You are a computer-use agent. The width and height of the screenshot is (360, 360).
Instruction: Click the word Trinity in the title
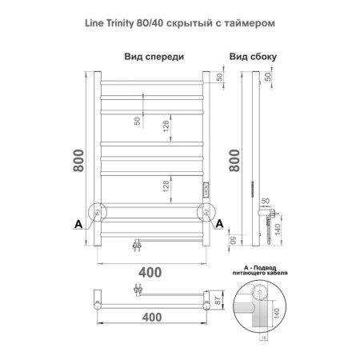click(132, 23)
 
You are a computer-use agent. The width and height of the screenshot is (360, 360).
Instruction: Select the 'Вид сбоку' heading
click(250, 57)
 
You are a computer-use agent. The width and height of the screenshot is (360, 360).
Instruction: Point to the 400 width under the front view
click(150, 271)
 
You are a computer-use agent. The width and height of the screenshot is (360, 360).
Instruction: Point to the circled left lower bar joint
click(97, 211)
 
